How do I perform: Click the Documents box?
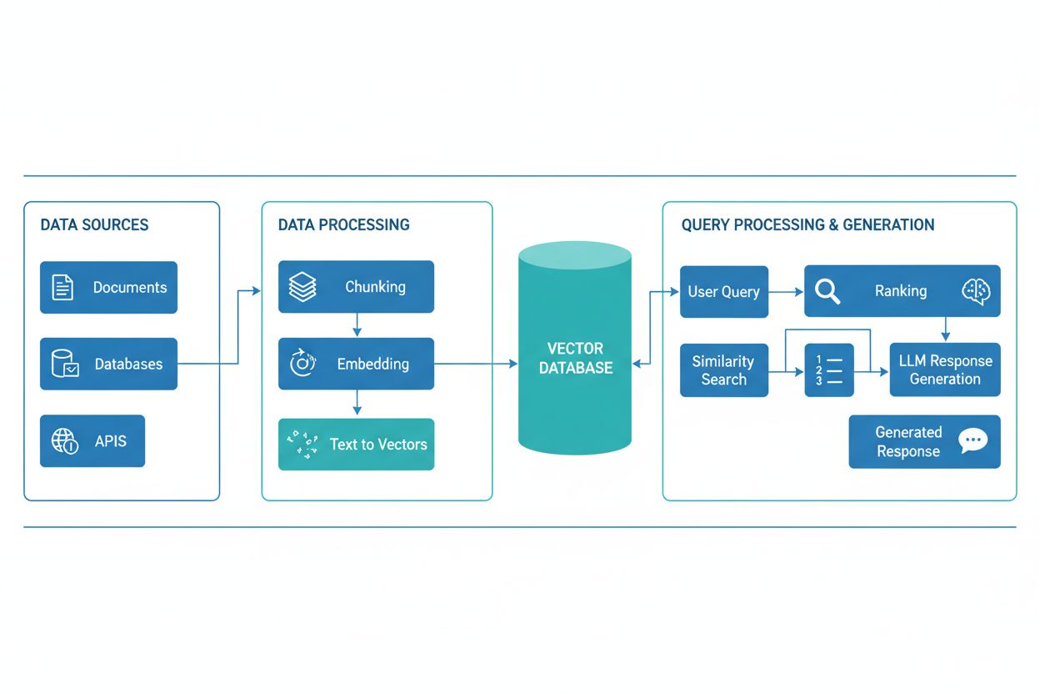(108, 288)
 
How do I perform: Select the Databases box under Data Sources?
(108, 364)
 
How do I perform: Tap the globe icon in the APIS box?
(65, 440)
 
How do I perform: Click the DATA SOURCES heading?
(94, 225)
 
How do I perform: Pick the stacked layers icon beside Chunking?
(302, 287)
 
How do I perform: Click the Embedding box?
(356, 364)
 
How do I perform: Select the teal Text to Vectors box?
(356, 444)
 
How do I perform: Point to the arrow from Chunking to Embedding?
(357, 324)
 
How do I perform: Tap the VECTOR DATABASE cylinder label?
(575, 358)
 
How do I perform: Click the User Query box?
(723, 292)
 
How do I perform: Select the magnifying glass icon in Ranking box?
(827, 291)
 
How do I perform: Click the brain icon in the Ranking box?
(976, 290)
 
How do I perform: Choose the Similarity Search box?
(723, 370)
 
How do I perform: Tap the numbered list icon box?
(829, 370)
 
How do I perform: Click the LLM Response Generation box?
(944, 370)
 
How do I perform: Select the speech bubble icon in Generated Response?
(972, 440)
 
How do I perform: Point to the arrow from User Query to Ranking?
(786, 292)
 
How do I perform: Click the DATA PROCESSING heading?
(343, 225)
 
